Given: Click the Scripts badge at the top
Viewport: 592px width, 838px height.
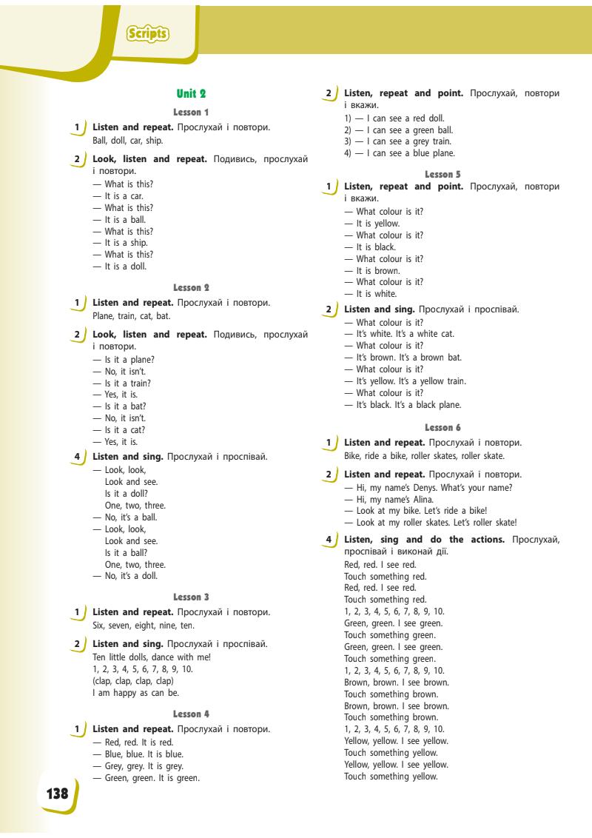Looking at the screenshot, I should pos(148,33).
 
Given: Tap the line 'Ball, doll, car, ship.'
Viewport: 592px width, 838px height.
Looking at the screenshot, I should pos(128,141).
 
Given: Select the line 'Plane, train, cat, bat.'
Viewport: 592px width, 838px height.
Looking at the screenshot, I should pos(132,316).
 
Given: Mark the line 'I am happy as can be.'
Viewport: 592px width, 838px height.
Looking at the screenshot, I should pos(135,693).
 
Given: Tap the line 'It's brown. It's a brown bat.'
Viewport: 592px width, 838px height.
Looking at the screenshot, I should pos(404,358).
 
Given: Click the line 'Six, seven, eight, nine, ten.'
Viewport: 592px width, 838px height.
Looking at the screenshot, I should pos(144,626).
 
